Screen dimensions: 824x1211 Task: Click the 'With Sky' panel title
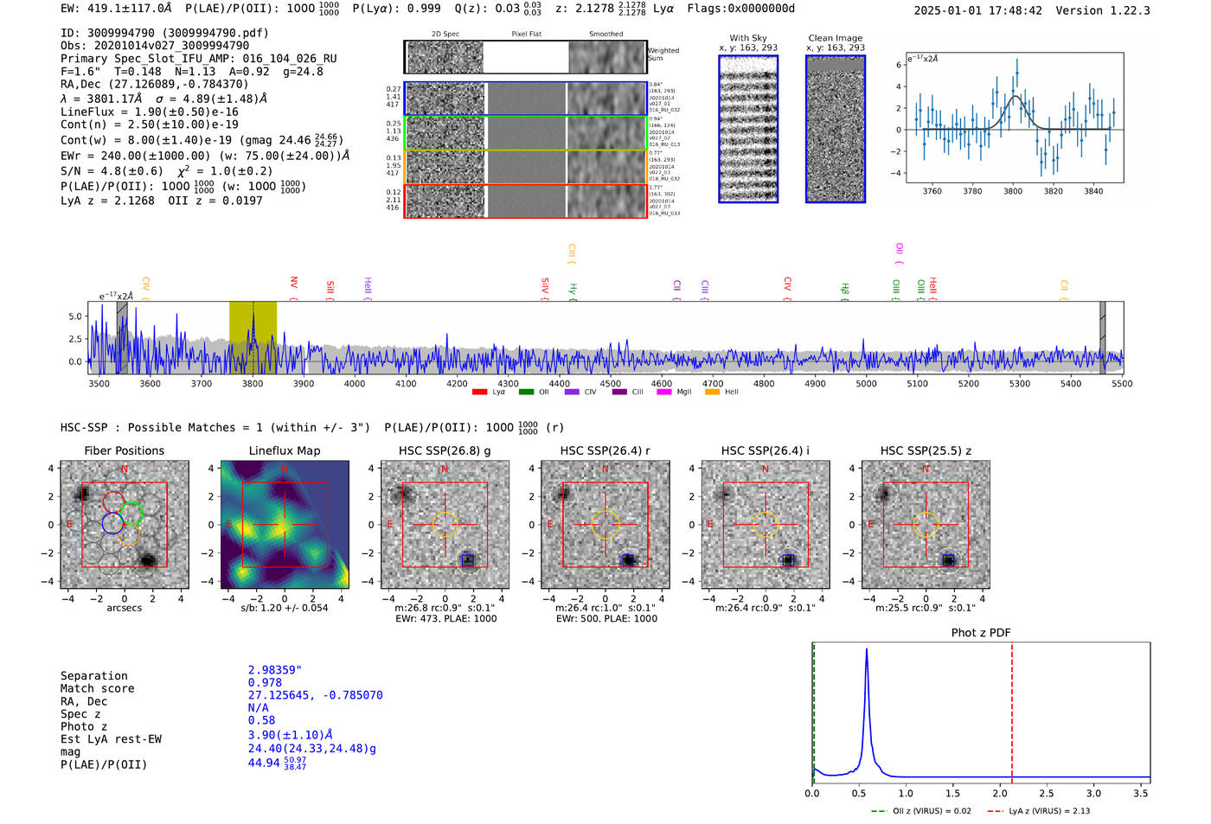748,38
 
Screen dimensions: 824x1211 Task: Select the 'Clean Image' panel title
835,38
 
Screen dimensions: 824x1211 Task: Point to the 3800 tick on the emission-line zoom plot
1013,191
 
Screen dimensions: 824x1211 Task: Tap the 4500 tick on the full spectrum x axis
611,383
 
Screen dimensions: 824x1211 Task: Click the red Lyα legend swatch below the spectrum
479,392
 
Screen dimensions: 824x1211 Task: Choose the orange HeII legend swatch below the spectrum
712,392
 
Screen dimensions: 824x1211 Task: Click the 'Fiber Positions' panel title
124,450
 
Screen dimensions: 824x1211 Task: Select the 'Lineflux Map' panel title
284,450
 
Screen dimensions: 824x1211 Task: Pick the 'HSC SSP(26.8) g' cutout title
445,450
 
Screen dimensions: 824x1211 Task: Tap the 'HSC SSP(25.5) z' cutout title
926,450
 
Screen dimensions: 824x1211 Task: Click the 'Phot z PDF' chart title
981,633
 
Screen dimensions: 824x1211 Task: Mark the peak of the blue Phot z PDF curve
866,650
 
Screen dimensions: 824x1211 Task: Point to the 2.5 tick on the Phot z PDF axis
1047,793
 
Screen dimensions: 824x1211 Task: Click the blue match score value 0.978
265,683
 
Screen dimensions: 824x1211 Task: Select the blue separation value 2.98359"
275,670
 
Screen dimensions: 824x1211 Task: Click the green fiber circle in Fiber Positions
131,514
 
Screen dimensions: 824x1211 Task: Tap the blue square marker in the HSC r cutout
628,560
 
